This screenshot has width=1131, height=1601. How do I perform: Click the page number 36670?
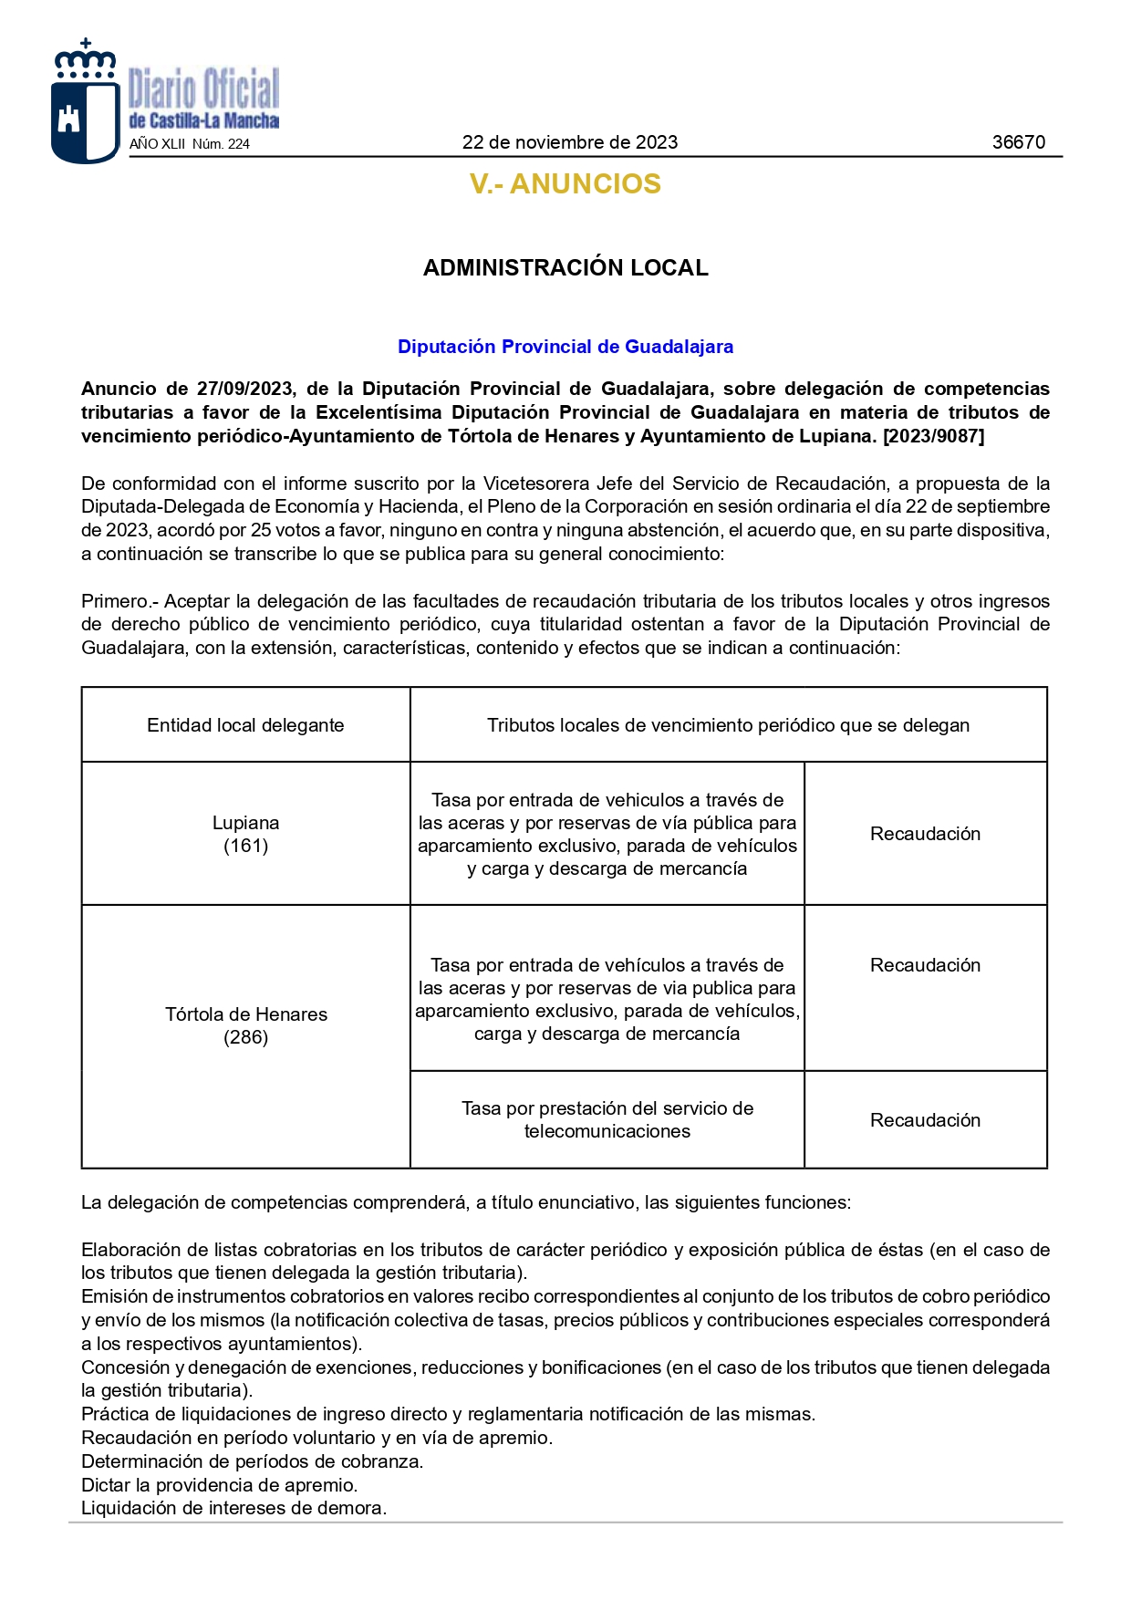coord(1018,142)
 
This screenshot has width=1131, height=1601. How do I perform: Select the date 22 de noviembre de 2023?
coord(569,142)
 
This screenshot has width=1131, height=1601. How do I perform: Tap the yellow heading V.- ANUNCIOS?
coord(565,184)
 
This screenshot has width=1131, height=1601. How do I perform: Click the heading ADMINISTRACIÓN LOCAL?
coord(565,268)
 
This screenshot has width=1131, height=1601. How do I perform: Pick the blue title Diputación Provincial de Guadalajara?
coord(565,347)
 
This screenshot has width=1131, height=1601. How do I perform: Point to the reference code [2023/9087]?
coord(933,436)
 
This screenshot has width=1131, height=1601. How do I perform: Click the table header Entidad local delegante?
coord(245,725)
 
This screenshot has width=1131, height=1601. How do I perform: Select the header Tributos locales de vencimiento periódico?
coord(727,725)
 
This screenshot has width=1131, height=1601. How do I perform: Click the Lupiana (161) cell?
coord(245,834)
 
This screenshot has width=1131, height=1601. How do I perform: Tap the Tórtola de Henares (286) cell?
coord(245,1025)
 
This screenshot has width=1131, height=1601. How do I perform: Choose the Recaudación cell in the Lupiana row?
coord(925,834)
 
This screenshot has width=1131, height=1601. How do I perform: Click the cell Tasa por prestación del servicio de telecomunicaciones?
coord(607,1119)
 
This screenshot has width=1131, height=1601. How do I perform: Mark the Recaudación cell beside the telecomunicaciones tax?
coord(925,1120)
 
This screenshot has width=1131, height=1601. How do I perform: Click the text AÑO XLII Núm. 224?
coord(190,144)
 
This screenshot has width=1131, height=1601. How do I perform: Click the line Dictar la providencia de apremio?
coord(219,1485)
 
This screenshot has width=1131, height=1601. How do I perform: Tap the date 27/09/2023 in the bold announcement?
coord(244,390)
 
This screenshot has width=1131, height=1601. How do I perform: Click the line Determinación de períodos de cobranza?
coord(252,1461)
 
